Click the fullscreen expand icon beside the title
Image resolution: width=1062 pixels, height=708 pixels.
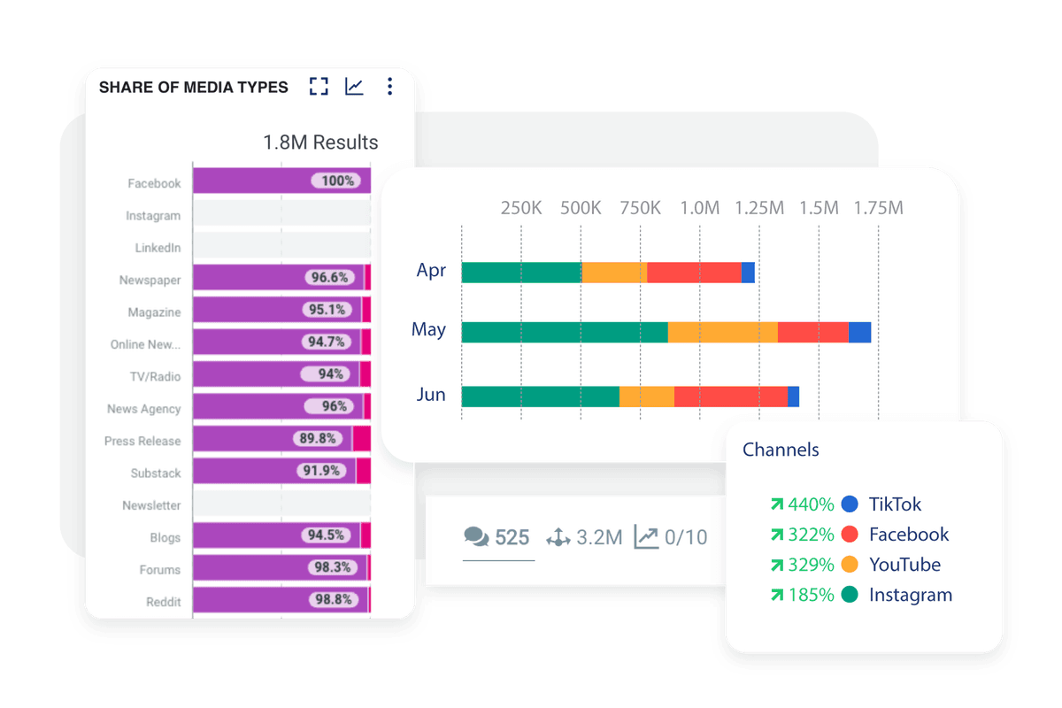319,87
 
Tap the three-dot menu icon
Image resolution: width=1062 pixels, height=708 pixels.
389,87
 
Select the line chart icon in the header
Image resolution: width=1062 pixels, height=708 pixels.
354,87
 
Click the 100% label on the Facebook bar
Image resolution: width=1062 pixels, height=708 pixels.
336,181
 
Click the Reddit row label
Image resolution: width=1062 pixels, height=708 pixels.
163,602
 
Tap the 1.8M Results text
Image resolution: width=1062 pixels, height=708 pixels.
320,142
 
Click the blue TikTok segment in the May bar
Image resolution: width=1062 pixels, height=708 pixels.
859,332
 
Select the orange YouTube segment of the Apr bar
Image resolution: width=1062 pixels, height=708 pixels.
614,273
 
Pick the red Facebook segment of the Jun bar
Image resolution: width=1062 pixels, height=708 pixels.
730,396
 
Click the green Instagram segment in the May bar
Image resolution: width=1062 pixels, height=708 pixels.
565,332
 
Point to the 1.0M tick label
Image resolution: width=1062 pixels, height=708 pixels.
699,209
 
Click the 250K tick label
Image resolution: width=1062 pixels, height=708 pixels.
521,209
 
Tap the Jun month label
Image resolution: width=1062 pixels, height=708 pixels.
431,395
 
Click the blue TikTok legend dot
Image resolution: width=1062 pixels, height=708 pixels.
850,504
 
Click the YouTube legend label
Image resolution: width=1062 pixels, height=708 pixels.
904,565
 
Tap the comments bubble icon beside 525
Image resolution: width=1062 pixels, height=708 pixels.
476,536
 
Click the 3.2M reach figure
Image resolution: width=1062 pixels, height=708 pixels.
600,536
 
